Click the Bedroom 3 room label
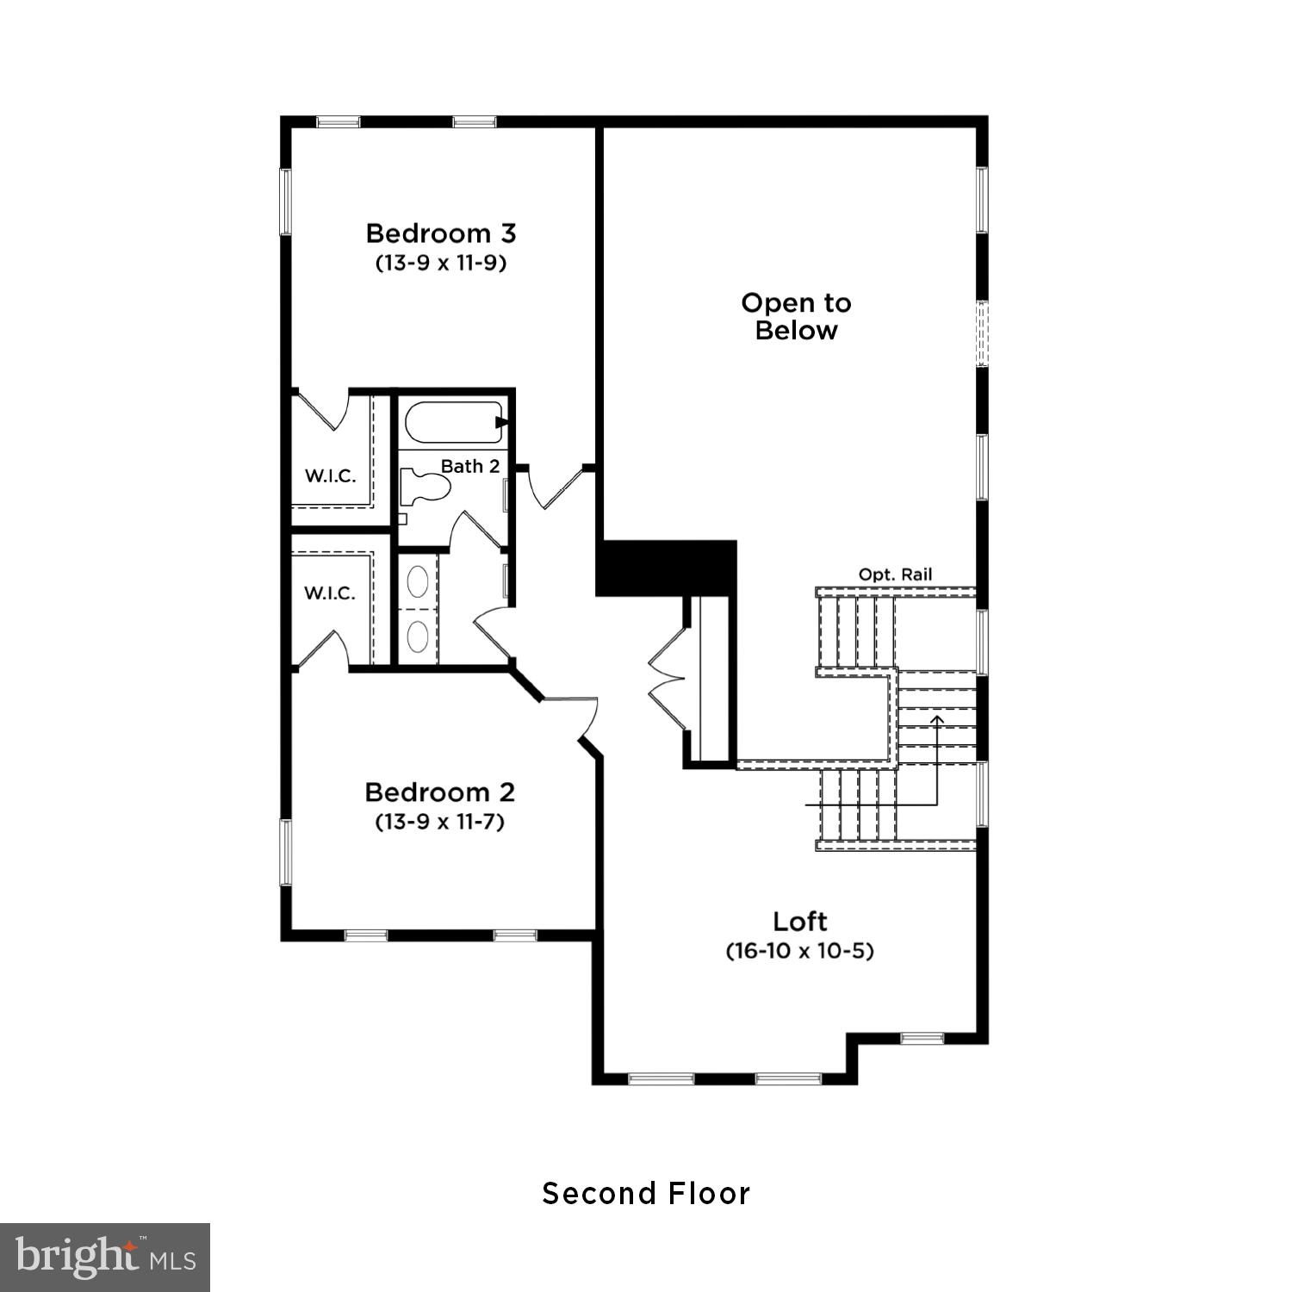(x=440, y=233)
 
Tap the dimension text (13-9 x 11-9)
(x=440, y=263)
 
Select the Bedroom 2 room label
(x=439, y=792)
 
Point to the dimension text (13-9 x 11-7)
(x=439, y=822)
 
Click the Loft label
(x=799, y=922)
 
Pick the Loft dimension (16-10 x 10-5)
(x=799, y=951)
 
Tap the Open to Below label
(x=796, y=316)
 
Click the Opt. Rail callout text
(x=895, y=575)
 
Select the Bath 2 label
(x=469, y=466)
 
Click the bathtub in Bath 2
(x=451, y=422)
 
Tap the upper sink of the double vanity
(x=418, y=581)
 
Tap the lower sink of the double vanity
(x=418, y=637)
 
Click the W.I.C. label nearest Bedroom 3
(x=330, y=476)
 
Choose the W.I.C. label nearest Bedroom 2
(x=329, y=593)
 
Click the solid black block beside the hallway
(x=666, y=567)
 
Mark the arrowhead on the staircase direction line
(x=937, y=717)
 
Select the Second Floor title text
(x=646, y=1194)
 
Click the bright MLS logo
(x=104, y=1258)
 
